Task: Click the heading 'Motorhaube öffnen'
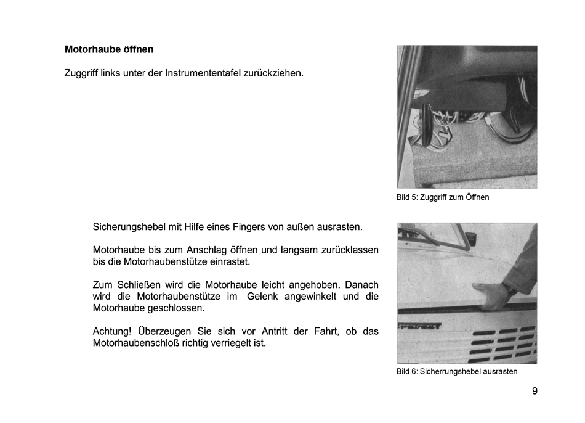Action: (109, 49)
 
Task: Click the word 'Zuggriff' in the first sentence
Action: (83, 73)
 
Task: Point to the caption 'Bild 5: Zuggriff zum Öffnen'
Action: (443, 197)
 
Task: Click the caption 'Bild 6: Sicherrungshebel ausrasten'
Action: (457, 372)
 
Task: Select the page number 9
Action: (535, 391)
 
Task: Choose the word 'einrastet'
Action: (231, 262)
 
